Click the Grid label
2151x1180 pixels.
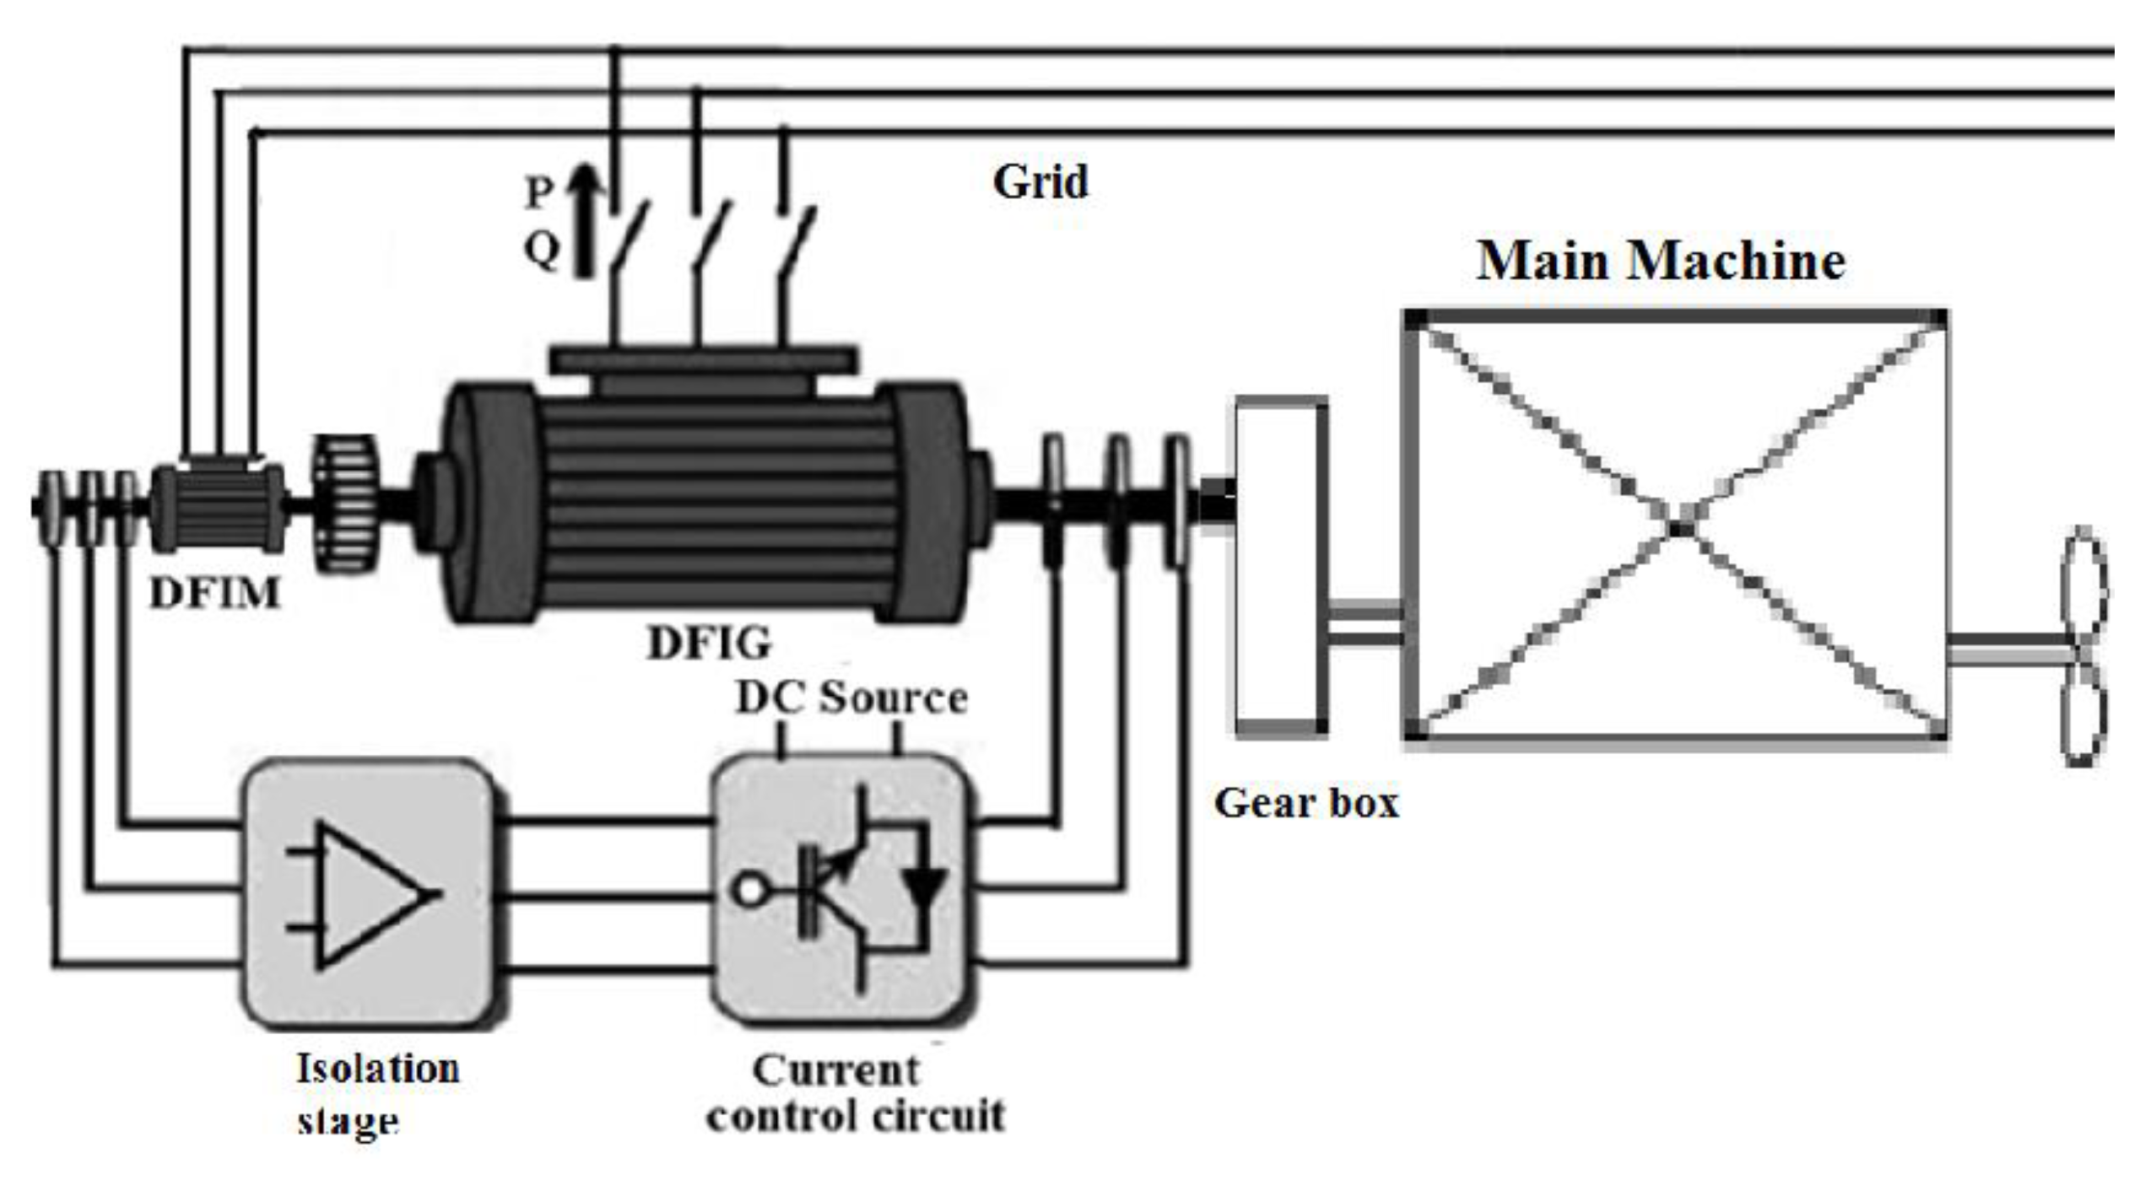tap(1040, 181)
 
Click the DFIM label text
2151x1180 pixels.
tap(214, 594)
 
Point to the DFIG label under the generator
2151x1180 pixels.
tap(709, 644)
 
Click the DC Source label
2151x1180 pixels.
tap(851, 698)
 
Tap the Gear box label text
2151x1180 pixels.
tap(1305, 802)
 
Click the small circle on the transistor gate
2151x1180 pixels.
tap(747, 891)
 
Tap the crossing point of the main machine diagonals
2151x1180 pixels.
tap(1679, 526)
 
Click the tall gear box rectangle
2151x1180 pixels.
tap(1279, 567)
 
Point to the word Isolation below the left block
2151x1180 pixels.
tap(377, 1069)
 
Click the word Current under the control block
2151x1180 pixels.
tap(835, 1070)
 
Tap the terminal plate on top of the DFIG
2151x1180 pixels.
tap(703, 358)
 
